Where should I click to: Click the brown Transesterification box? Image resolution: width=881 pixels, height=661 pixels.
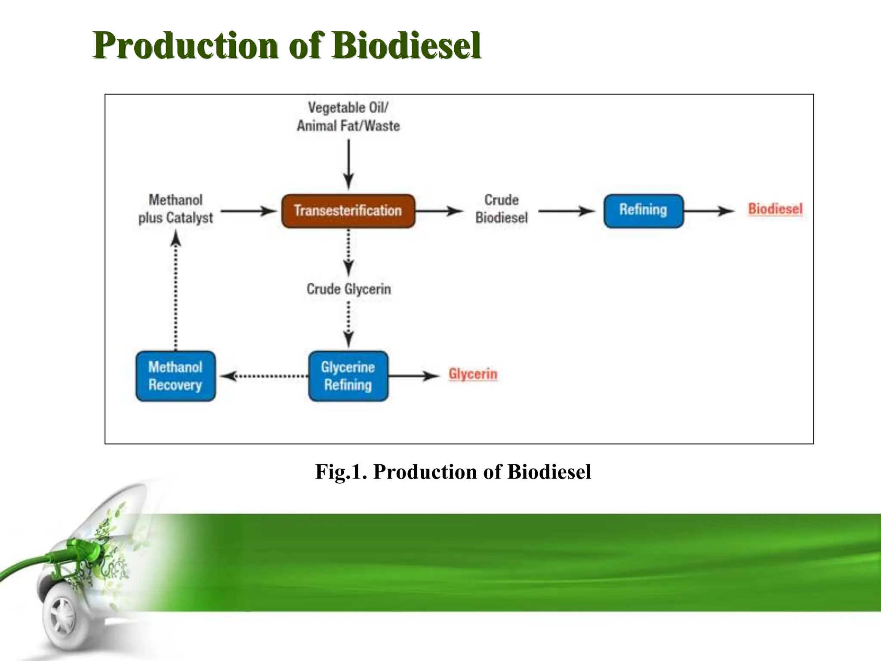pyautogui.click(x=348, y=211)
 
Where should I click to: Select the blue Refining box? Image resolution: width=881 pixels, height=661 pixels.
pyautogui.click(x=643, y=211)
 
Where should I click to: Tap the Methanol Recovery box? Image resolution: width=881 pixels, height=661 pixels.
pyautogui.click(x=176, y=376)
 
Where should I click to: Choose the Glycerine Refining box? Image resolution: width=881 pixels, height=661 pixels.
pyautogui.click(x=348, y=376)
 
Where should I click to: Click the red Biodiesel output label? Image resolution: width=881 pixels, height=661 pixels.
pyautogui.click(x=775, y=209)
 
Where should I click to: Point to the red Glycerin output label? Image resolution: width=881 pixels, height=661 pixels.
pyautogui.click(x=473, y=374)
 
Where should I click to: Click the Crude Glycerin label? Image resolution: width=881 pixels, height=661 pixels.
pyautogui.click(x=348, y=289)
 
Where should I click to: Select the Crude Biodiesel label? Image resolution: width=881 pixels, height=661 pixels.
pyautogui.click(x=501, y=209)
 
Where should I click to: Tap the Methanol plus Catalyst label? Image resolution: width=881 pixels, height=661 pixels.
pyautogui.click(x=176, y=209)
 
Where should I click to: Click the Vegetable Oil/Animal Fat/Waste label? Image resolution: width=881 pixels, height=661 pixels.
pyautogui.click(x=348, y=117)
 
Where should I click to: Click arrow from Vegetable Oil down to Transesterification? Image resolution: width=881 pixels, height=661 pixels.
pyautogui.click(x=348, y=164)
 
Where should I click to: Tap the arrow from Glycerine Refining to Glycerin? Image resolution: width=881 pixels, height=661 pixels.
pyautogui.click(x=413, y=376)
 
